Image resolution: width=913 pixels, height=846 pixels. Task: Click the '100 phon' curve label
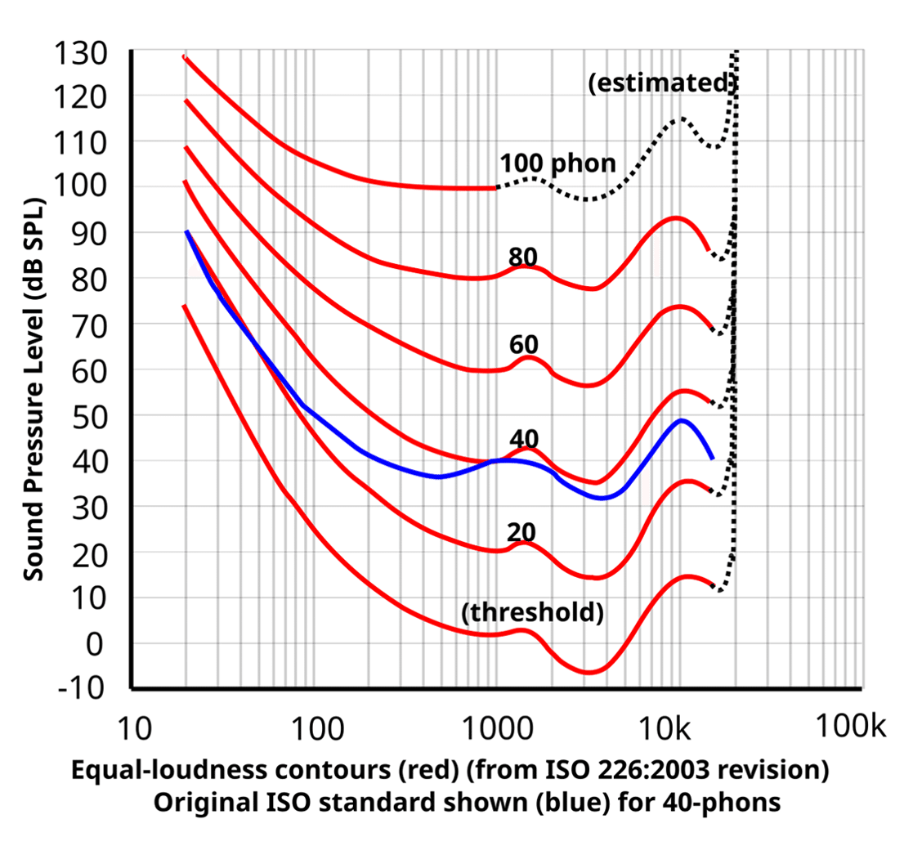pos(558,163)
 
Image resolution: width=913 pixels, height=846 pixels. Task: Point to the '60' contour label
pos(523,344)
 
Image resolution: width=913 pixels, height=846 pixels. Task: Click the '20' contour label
pos(521,532)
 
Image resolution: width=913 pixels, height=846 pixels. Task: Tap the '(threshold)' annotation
pos(533,613)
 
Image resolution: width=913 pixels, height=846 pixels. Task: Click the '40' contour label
pos(523,438)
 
